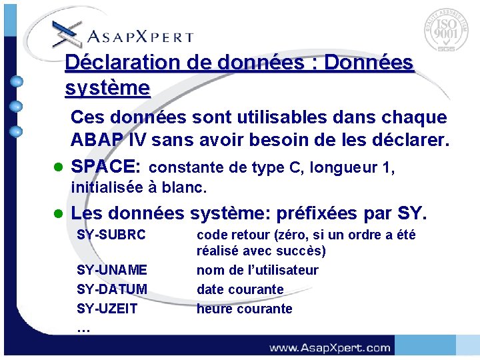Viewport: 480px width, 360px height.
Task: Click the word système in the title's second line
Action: pyautogui.click(x=107, y=87)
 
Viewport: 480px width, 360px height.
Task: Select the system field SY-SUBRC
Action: pyautogui.click(x=111, y=235)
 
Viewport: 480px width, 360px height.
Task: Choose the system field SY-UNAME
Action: pyautogui.click(x=112, y=270)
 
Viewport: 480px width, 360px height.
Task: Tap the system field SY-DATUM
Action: pyautogui.click(x=112, y=289)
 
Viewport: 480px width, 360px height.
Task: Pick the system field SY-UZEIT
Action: pyautogui.click(x=107, y=309)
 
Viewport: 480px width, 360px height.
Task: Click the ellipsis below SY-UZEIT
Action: pyautogui.click(x=83, y=329)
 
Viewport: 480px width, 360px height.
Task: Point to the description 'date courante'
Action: pyautogui.click(x=240, y=289)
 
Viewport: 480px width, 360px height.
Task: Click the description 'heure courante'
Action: pyautogui.click(x=244, y=309)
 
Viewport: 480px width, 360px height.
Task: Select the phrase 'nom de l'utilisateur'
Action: pyautogui.click(x=257, y=270)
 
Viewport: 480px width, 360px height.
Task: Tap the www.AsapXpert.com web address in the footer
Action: pyautogui.click(x=329, y=347)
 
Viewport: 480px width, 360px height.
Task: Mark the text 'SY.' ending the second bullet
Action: pyautogui.click(x=411, y=214)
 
